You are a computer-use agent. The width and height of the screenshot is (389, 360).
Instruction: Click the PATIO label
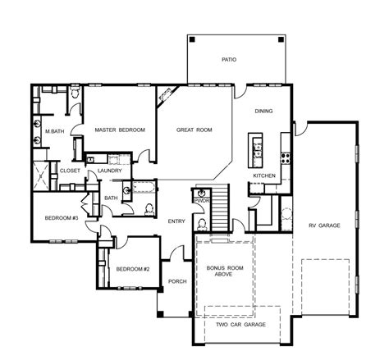coord(229,59)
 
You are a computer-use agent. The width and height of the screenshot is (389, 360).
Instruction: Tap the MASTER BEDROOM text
coord(120,130)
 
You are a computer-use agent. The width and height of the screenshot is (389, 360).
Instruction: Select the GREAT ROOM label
coord(194,130)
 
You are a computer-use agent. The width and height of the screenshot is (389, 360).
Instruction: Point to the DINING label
coord(263,111)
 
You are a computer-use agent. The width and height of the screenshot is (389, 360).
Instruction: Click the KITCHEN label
coord(264,175)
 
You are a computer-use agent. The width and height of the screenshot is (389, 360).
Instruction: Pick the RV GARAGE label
coord(324,226)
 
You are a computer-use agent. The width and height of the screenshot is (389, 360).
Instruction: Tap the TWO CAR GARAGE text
coord(240,325)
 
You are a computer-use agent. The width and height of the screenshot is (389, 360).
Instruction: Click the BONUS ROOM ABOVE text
coord(225,271)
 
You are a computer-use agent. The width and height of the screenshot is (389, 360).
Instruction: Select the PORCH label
coord(177,281)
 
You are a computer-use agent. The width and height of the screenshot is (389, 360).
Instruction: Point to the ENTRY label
coord(176,221)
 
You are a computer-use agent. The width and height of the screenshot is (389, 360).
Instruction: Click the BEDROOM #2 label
coord(133,269)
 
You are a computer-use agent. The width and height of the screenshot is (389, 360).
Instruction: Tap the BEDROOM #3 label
coord(62,218)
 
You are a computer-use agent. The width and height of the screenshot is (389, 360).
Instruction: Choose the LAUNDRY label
coord(110,171)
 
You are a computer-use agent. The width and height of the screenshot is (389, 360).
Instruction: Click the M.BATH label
coord(55,131)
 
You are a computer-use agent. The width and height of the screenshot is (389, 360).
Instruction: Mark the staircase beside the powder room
coord(220,207)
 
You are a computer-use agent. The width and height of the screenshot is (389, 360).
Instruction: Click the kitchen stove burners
coord(286,157)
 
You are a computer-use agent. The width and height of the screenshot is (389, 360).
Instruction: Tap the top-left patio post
coord(192,39)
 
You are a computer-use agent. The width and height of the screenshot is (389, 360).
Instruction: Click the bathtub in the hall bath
coord(144,187)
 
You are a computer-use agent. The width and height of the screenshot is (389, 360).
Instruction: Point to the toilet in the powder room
coord(202,224)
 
